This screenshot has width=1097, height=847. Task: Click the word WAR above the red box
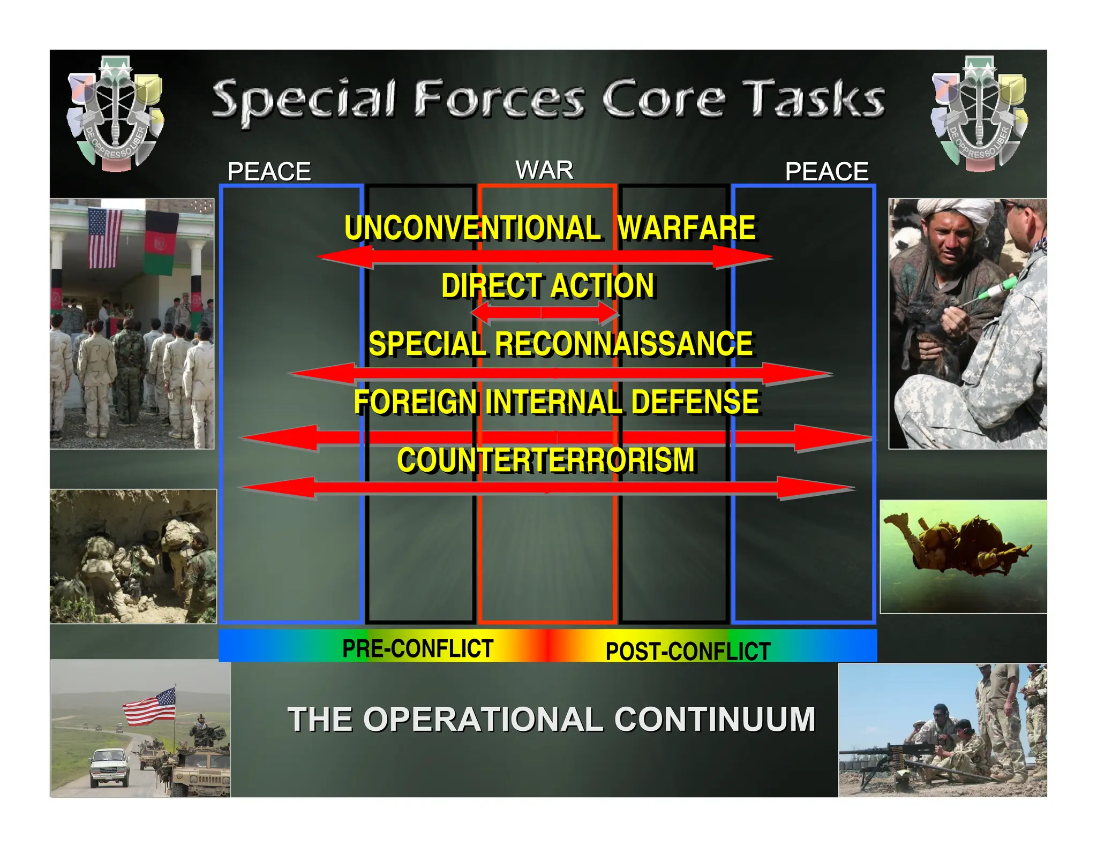click(x=544, y=170)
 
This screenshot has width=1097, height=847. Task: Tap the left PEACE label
click(x=269, y=172)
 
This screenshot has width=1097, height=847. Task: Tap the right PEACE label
click(x=826, y=172)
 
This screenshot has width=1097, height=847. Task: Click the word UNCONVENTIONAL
click(x=472, y=228)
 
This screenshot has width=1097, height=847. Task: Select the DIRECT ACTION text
click(x=547, y=285)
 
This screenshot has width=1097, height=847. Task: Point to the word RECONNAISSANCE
click(x=623, y=344)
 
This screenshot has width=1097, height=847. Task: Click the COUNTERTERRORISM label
click(x=546, y=460)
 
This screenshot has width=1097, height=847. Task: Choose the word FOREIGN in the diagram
click(x=415, y=402)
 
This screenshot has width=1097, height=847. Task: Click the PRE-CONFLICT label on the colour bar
click(x=418, y=648)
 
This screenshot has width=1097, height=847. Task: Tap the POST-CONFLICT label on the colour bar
click(x=687, y=652)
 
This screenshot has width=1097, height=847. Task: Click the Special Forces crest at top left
click(x=115, y=114)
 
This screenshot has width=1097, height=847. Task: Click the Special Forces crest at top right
click(x=979, y=114)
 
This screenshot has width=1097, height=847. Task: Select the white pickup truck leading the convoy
click(x=110, y=767)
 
